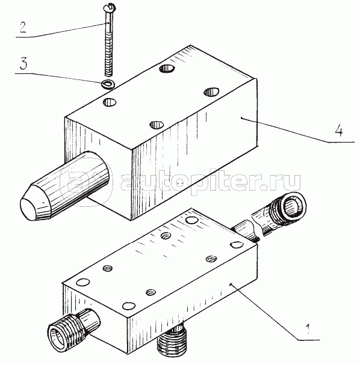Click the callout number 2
click(x=23, y=27)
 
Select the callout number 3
click(x=23, y=63)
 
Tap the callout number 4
click(x=339, y=131)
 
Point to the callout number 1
click(x=308, y=329)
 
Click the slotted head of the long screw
click(x=109, y=7)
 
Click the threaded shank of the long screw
click(x=109, y=54)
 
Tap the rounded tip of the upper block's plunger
click(x=28, y=208)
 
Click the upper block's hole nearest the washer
click(x=110, y=102)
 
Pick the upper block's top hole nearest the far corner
click(x=167, y=68)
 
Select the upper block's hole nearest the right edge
click(x=211, y=92)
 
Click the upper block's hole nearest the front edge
click(x=157, y=125)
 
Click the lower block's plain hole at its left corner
click(x=83, y=282)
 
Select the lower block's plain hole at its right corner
click(x=237, y=245)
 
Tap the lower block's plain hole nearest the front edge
click(x=129, y=305)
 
